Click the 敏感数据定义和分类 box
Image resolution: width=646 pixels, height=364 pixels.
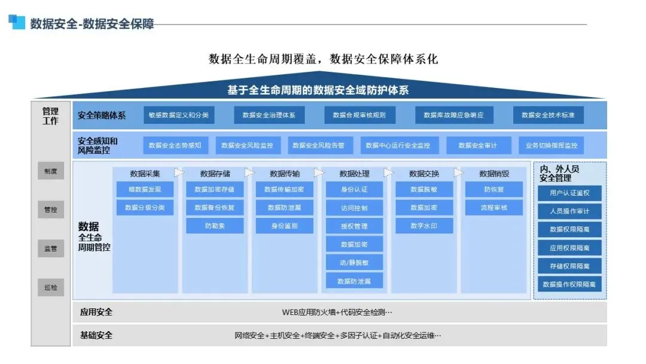[178, 115]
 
